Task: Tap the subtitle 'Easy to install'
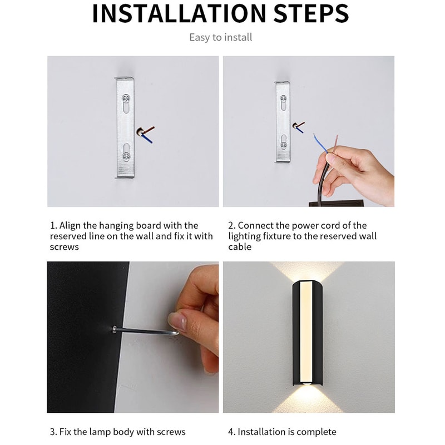tap(221, 37)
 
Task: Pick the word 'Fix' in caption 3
tap(66, 432)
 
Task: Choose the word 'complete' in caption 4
tap(317, 432)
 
